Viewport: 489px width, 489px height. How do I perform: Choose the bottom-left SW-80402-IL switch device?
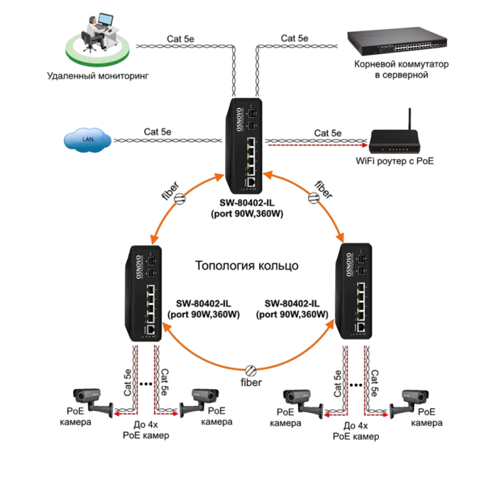pyautogui.click(x=144, y=293)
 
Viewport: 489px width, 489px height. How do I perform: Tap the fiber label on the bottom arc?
pyautogui.click(x=250, y=381)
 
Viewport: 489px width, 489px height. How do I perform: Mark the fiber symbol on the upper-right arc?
pyautogui.click(x=312, y=198)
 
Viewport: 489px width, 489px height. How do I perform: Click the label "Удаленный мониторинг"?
pyautogui.click(x=97, y=76)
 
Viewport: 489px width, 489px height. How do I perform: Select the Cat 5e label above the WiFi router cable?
pyautogui.click(x=328, y=133)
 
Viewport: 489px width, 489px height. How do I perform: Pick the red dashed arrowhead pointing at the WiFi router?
pyautogui.click(x=364, y=145)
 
